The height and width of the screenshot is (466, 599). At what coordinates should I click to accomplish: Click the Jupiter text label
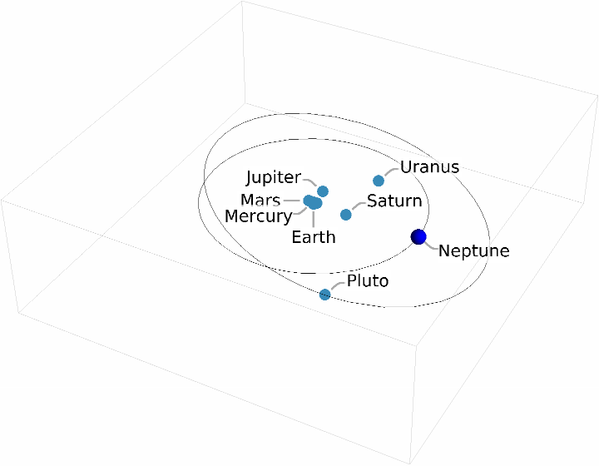(273, 177)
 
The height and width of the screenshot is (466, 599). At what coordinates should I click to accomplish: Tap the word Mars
(260, 201)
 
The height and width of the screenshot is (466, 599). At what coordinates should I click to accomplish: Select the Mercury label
(259, 216)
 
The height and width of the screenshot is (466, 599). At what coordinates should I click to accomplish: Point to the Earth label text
(314, 237)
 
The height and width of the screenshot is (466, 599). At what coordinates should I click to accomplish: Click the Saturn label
(394, 201)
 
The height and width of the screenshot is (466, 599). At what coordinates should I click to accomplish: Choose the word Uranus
(429, 167)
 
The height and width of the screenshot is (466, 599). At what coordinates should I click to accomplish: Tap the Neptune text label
(473, 250)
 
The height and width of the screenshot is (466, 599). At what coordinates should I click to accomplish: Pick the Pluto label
(368, 281)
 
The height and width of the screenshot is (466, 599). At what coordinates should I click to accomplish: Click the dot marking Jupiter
(323, 191)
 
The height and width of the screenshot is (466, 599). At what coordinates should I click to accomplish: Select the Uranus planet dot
(379, 181)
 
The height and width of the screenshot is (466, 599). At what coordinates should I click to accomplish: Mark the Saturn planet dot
(346, 215)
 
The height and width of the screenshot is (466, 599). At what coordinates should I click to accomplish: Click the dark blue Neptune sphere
(418, 237)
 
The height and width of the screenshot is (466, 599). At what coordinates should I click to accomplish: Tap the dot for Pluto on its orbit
(325, 294)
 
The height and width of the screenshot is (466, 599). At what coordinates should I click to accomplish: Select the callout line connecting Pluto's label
(337, 285)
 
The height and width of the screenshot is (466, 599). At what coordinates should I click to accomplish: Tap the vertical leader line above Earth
(313, 218)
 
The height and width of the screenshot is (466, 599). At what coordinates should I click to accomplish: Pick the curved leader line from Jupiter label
(311, 181)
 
